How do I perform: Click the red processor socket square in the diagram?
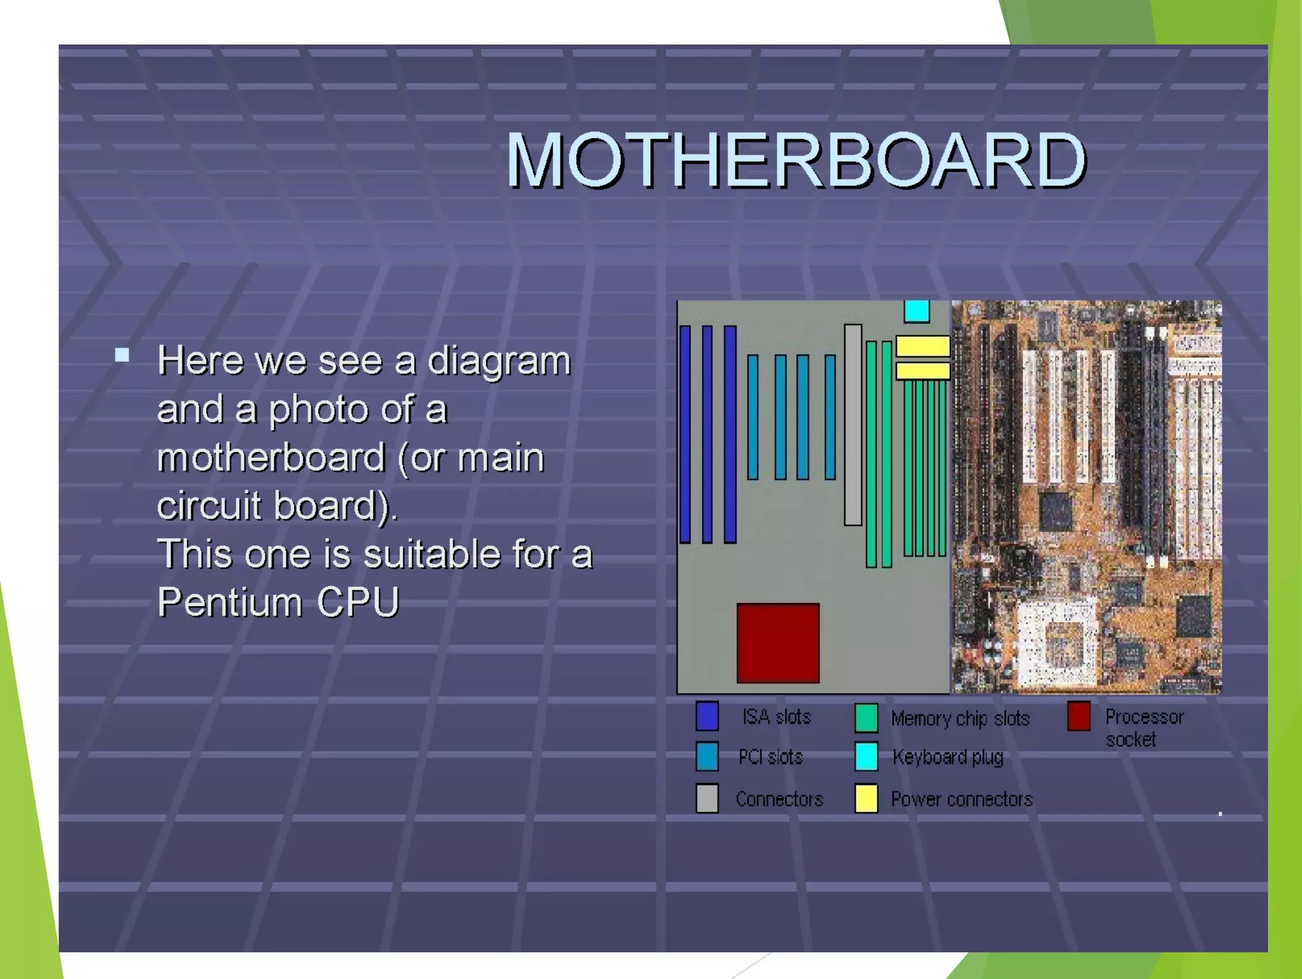(x=778, y=643)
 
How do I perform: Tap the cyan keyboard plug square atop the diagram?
(x=916, y=311)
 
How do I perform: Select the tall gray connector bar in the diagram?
(x=853, y=425)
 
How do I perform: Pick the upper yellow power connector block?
(x=922, y=347)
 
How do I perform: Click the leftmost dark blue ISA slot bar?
(x=685, y=434)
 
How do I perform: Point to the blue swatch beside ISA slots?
(x=707, y=716)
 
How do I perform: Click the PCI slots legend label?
(x=771, y=757)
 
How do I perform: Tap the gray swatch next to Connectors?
(x=707, y=798)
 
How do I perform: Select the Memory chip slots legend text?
(x=960, y=718)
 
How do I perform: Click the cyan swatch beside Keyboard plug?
(x=867, y=756)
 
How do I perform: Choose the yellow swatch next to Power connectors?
(x=867, y=798)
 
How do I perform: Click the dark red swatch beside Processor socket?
(x=1079, y=716)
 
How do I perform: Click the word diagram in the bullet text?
(x=498, y=361)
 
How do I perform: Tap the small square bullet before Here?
(x=122, y=355)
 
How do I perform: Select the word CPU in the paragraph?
(x=358, y=602)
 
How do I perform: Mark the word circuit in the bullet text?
(x=209, y=506)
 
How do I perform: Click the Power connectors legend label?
(x=961, y=799)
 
